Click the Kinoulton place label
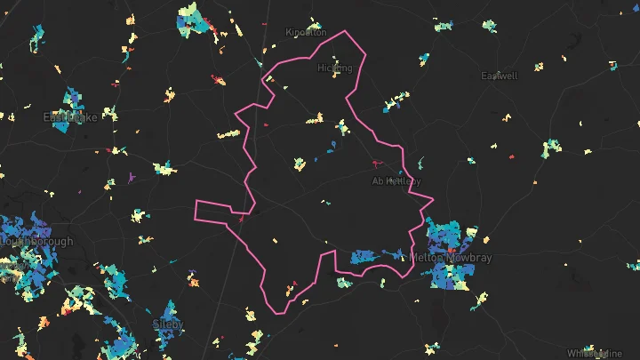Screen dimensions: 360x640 [x=306, y=32]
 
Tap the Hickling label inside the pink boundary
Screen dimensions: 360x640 [x=335, y=68]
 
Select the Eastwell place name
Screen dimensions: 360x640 [x=499, y=76]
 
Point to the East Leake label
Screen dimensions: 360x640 [x=70, y=116]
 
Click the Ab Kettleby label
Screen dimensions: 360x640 [x=396, y=181]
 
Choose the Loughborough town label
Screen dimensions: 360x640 [x=36, y=241]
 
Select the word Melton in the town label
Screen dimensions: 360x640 [x=428, y=258]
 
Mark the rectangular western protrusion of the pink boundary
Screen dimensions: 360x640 [x=213, y=211]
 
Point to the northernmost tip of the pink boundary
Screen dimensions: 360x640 [x=347, y=32]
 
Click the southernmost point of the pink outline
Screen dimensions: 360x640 [x=277, y=313]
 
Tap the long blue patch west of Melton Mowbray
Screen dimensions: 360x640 [x=373, y=256]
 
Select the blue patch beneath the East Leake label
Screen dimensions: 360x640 [x=62, y=125]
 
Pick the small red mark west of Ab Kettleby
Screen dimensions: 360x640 [x=374, y=164]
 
